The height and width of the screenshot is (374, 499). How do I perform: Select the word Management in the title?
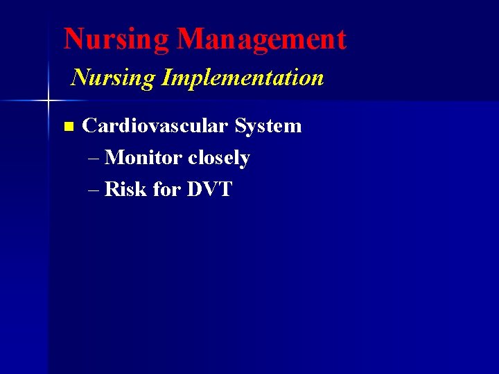click(261, 39)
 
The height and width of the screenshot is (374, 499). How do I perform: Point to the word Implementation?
click(242, 78)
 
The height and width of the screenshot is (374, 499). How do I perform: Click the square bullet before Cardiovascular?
click(67, 127)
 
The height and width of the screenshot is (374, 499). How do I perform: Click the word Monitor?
click(143, 158)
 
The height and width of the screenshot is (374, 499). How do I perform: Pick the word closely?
click(219, 159)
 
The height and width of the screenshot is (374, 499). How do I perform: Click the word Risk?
click(125, 189)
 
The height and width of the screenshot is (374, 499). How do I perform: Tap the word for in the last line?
click(166, 189)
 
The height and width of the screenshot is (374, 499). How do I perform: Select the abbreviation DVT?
click(209, 189)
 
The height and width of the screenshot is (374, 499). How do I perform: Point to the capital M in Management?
click(190, 39)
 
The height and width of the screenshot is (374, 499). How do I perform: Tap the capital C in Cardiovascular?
click(89, 126)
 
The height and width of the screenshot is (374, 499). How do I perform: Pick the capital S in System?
click(240, 126)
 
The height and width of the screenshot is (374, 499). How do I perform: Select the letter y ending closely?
click(245, 160)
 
